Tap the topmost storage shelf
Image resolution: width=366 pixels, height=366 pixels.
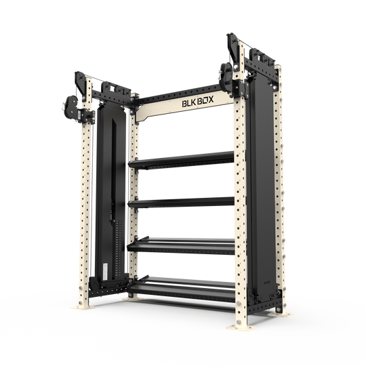[x=183, y=160]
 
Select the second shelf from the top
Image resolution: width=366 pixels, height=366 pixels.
[x=183, y=202]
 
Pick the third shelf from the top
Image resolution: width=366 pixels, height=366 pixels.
[x=183, y=243]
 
